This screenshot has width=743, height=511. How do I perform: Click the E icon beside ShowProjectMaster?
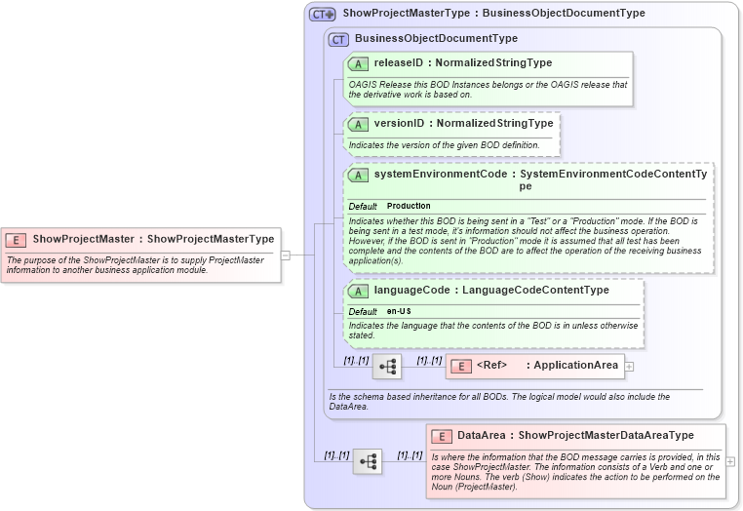coord(16,239)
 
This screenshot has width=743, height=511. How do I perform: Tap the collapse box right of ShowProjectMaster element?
coord(286,255)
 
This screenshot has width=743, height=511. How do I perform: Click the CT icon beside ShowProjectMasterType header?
coord(323,15)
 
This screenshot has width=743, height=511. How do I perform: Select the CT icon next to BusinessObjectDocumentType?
coord(338,39)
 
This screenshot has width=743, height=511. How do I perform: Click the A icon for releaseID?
coord(358,63)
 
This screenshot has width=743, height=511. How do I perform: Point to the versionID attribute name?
coord(400,124)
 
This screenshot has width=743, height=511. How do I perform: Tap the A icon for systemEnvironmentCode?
coord(358,175)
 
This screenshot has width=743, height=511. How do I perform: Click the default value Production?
coord(409,207)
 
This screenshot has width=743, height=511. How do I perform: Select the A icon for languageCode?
coord(358,291)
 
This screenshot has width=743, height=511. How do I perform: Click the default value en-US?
coord(398,311)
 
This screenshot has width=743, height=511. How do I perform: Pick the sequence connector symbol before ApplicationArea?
coord(387,367)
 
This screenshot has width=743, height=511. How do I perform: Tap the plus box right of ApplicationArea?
coord(629,367)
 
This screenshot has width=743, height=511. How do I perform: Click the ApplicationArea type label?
coord(575,366)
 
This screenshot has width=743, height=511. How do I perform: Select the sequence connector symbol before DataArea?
coord(368,461)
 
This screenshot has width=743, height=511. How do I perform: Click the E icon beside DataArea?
coord(441,436)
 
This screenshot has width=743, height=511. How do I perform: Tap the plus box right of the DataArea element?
coord(731,461)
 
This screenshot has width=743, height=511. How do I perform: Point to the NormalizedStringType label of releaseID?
coord(493,63)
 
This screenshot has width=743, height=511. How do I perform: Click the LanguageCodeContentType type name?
coord(535,291)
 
